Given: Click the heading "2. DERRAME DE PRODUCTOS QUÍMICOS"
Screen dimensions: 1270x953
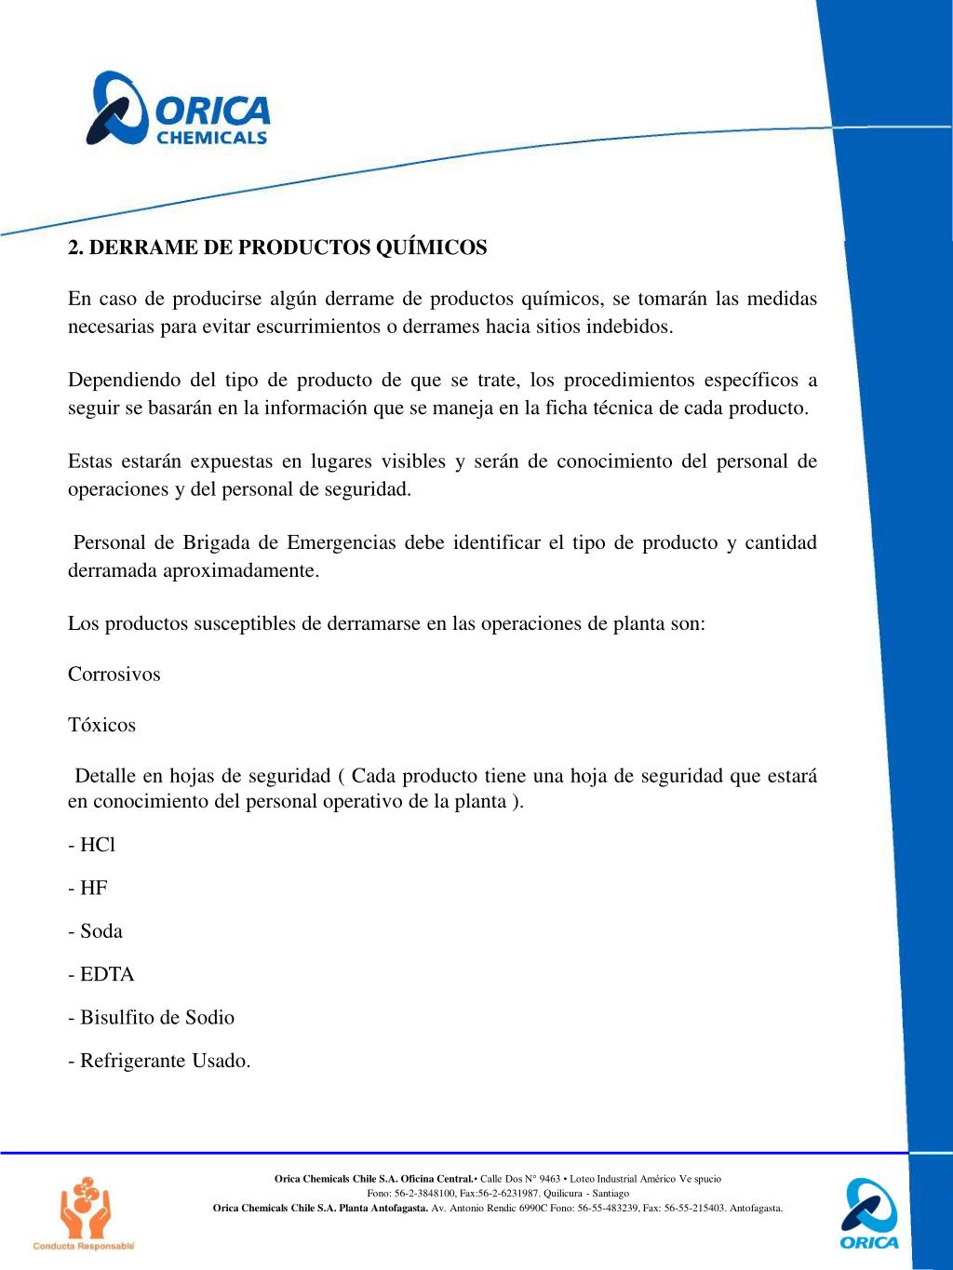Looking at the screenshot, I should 277,247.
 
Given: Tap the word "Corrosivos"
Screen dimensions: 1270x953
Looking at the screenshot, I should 114,675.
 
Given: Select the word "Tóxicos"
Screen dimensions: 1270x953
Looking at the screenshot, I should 101,725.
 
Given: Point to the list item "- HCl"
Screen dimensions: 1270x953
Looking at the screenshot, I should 91,845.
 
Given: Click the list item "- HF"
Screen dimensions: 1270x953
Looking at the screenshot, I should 87,888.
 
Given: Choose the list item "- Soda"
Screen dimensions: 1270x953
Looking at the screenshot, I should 95,931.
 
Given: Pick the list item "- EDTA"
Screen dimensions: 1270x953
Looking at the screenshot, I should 101,974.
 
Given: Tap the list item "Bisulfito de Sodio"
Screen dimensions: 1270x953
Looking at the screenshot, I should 156,1017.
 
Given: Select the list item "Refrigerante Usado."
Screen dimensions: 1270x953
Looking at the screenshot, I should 165,1061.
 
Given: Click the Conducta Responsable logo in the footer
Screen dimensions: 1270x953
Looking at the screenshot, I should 84,1213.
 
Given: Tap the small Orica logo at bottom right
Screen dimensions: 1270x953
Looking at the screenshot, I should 869,1213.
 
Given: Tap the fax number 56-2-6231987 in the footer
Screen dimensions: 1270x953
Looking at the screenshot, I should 506,1193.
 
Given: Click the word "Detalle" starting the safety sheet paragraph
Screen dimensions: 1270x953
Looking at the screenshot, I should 106,776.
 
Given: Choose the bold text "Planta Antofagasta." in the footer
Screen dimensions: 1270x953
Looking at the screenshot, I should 384,1208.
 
